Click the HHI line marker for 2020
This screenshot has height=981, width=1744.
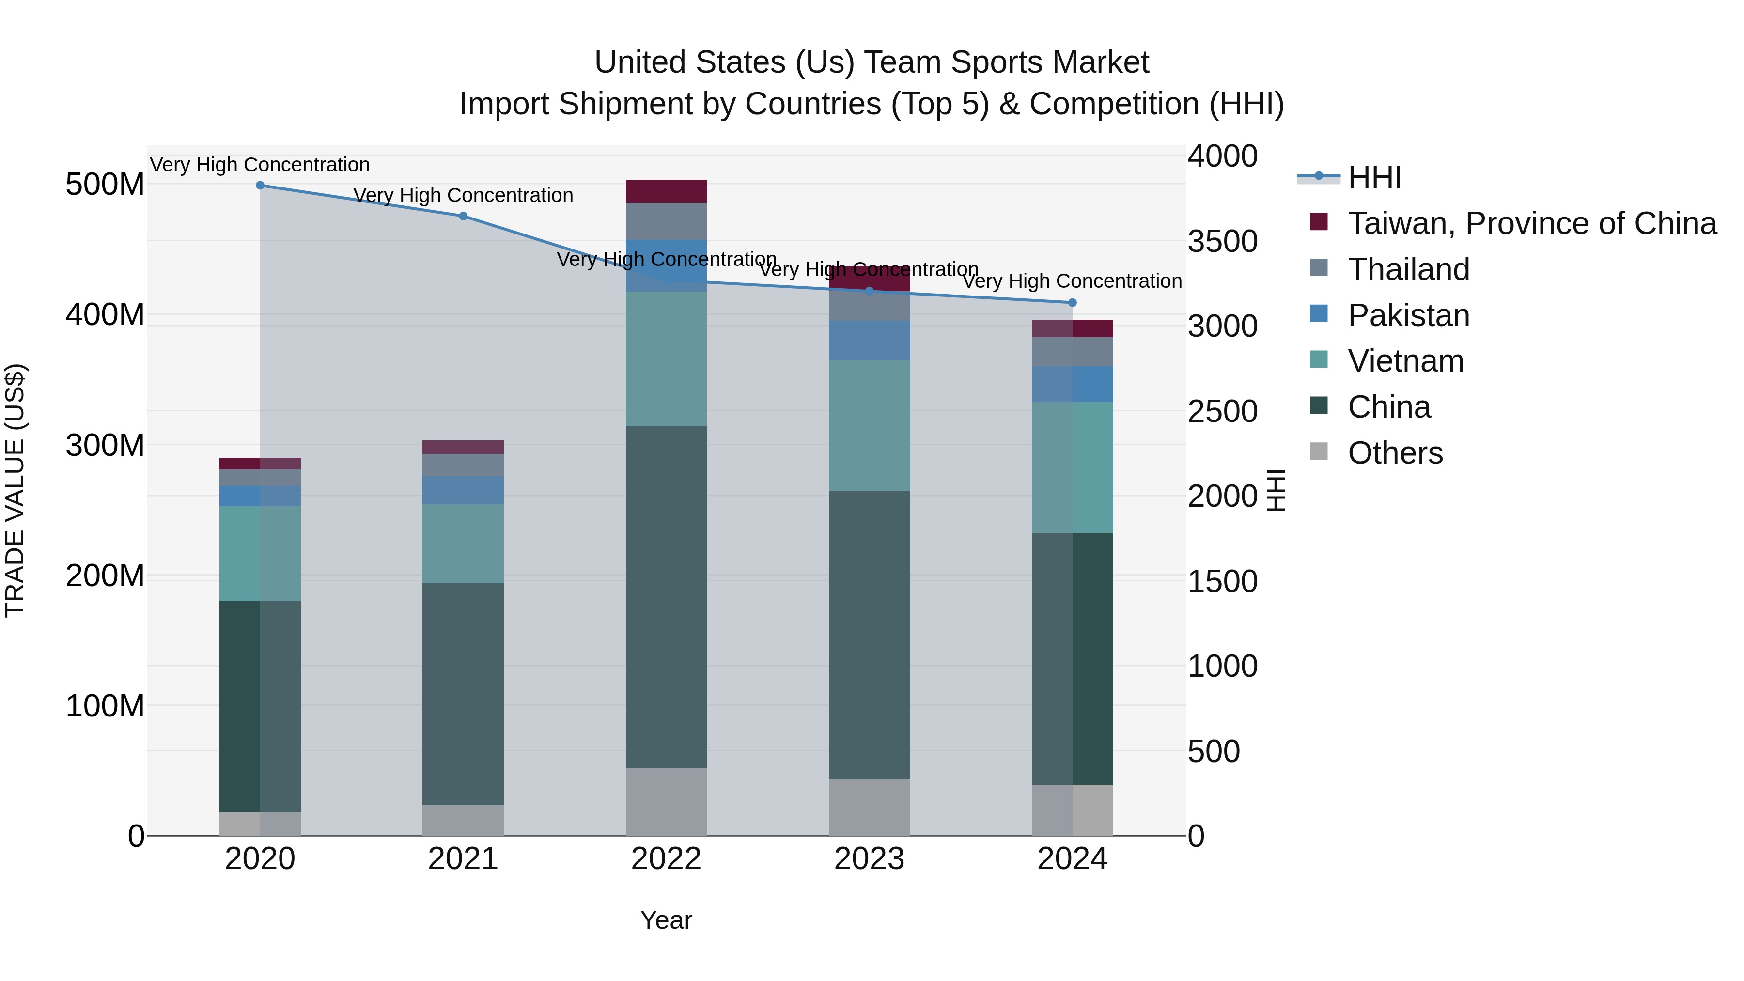[260, 186]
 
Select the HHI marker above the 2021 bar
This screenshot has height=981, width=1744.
[463, 217]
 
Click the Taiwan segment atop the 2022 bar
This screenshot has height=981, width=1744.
[666, 191]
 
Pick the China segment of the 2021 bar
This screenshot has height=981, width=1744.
[463, 694]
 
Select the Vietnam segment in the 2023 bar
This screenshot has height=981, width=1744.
[869, 425]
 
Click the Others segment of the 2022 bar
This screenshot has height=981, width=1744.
[666, 802]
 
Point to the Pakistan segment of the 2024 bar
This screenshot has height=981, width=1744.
[1073, 384]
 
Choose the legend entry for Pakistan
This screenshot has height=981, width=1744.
[1408, 315]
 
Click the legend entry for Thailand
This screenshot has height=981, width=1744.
[1408, 269]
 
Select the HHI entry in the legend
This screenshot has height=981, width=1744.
[1374, 177]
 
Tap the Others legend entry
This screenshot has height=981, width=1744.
[1395, 453]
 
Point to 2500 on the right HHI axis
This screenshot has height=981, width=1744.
[1222, 411]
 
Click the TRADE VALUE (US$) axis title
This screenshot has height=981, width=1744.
[15, 490]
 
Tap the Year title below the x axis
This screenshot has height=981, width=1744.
[666, 920]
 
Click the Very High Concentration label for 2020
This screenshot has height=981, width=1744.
[260, 165]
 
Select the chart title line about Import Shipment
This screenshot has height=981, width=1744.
[872, 104]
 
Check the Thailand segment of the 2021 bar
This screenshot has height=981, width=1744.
[463, 465]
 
